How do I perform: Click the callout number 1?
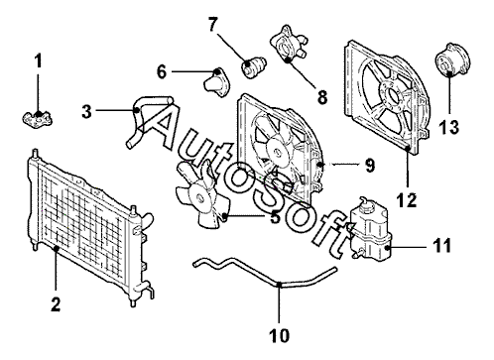(39, 61)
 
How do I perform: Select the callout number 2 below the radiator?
(56, 304)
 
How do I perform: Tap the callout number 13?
(449, 127)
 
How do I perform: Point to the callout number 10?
(280, 336)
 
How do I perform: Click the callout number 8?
(321, 97)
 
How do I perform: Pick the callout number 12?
(407, 200)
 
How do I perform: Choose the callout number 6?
(162, 72)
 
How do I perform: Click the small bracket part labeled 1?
(38, 119)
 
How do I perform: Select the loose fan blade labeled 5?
(201, 195)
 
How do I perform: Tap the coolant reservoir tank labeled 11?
(370, 230)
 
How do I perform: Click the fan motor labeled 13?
(451, 60)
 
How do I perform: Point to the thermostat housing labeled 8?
(289, 44)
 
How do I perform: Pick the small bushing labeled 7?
(254, 67)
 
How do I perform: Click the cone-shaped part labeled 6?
(216, 82)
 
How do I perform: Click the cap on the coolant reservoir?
(366, 206)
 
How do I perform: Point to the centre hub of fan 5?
(199, 198)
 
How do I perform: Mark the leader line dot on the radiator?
(57, 248)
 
